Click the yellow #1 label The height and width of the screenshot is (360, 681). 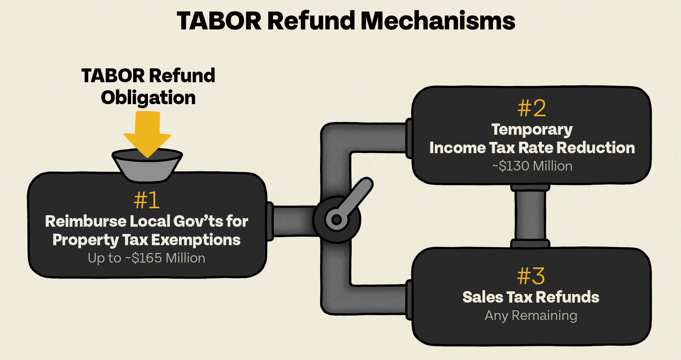(x=147, y=200)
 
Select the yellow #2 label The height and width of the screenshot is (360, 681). (x=532, y=108)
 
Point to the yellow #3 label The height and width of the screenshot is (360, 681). (x=531, y=276)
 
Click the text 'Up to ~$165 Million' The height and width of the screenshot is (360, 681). (x=147, y=258)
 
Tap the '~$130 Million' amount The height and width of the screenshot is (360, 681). (x=532, y=166)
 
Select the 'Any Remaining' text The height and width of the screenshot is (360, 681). (x=531, y=316)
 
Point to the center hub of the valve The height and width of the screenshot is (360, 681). (x=336, y=220)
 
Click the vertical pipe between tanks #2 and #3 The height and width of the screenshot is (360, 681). (x=530, y=216)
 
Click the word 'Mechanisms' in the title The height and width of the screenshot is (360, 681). (x=438, y=21)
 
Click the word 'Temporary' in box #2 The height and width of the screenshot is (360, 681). (x=532, y=130)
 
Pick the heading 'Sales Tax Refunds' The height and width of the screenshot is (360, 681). (x=531, y=297)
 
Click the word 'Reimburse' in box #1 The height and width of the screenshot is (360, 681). (x=86, y=221)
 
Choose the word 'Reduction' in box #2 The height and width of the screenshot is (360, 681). (x=596, y=148)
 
